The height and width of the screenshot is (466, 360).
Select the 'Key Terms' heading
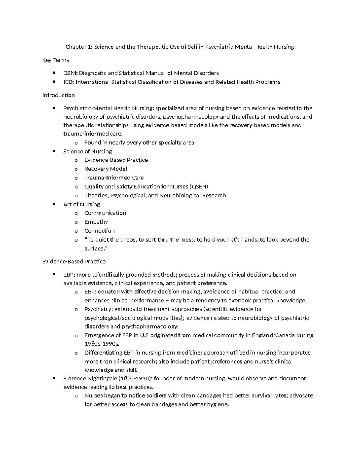point(55,60)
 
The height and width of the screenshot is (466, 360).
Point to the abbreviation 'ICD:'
point(69,82)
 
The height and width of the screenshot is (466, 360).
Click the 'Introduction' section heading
point(58,95)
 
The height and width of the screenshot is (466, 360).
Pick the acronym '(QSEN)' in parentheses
point(199,187)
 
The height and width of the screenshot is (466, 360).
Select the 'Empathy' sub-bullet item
point(96,222)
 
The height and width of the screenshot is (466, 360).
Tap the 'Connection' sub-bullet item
point(100,231)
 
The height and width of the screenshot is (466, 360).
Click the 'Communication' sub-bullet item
point(105,213)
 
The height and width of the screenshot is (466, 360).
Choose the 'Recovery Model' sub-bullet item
point(106,169)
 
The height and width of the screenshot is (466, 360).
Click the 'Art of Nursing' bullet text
point(82,204)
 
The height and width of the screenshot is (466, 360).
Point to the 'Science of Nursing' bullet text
point(88,152)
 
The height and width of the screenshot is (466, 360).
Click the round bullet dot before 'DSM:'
point(54,73)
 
